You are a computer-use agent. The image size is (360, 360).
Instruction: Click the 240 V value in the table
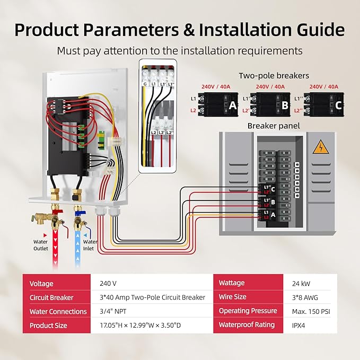[x=108, y=284]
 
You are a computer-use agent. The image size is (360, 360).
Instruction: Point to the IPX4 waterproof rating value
[x=298, y=325]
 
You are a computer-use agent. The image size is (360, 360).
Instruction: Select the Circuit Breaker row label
[x=51, y=297]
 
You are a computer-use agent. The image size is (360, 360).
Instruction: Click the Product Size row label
[x=49, y=325]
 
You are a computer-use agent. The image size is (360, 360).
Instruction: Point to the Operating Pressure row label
[x=248, y=311]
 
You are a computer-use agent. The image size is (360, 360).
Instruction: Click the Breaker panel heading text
[x=274, y=126]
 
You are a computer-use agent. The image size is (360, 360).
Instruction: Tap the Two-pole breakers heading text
[x=274, y=76]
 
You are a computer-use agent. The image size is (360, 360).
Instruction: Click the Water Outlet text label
[x=41, y=244]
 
